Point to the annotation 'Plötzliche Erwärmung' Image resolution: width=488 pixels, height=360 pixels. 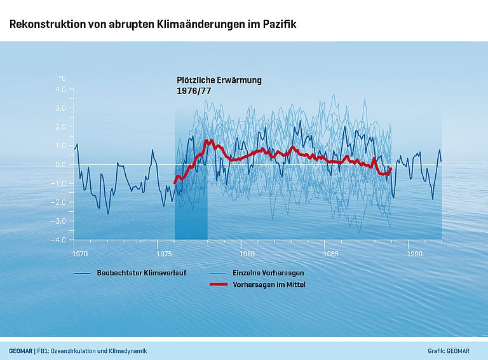(x=219, y=81)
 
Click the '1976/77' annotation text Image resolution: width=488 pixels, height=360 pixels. (x=193, y=91)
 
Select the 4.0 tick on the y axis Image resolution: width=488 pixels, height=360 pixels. (x=60, y=89)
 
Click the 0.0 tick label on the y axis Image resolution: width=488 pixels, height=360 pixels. (x=60, y=164)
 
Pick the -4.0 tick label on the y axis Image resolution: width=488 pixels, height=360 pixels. (x=59, y=240)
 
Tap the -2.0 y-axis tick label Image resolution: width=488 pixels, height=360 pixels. (x=59, y=202)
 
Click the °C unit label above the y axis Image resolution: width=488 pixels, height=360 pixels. (x=62, y=78)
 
